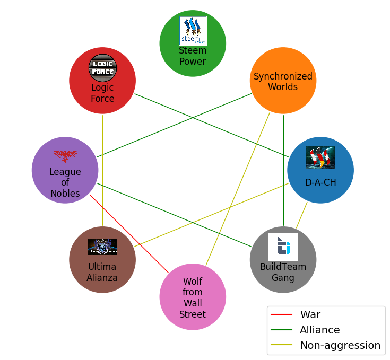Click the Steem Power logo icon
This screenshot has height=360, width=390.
(x=193, y=30)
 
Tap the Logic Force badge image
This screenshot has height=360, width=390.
(x=102, y=68)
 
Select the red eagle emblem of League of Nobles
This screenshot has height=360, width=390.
(x=65, y=155)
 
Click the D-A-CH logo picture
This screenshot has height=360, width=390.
(x=320, y=157)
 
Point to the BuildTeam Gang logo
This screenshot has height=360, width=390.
(x=283, y=247)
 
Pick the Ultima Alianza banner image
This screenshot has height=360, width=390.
(x=102, y=247)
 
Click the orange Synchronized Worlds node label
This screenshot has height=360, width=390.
(x=283, y=82)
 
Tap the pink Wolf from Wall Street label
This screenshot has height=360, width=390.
(x=193, y=297)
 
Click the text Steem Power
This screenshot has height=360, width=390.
(x=193, y=56)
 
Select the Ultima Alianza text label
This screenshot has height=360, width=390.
(x=102, y=272)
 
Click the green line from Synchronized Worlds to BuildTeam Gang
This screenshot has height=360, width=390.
(x=283, y=170)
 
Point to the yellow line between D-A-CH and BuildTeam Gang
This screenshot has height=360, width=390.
(x=302, y=215)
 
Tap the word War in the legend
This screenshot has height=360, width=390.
(x=310, y=314)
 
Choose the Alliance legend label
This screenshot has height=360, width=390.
(x=319, y=330)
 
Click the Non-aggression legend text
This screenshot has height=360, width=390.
(x=340, y=345)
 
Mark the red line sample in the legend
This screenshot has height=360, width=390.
(x=282, y=314)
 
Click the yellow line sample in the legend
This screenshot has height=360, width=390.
(x=282, y=345)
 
